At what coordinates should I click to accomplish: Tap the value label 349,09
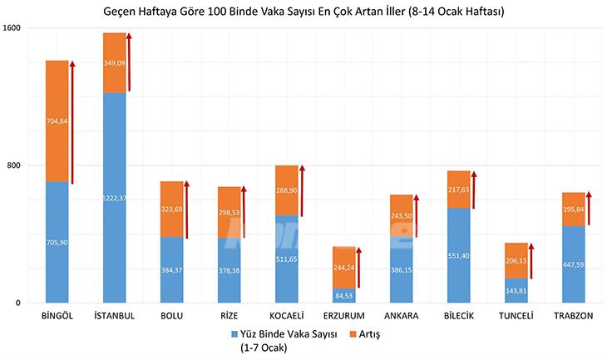(x=114, y=63)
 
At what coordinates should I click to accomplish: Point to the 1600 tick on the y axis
(x=12, y=28)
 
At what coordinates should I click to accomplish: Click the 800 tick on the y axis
(x=14, y=165)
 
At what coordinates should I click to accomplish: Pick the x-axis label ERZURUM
(x=343, y=317)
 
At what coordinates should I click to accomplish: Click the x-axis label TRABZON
(x=574, y=317)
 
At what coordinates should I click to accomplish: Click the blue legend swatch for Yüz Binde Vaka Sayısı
(x=234, y=334)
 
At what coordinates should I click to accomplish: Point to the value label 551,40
(x=458, y=255)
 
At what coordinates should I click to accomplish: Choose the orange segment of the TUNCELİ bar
(x=516, y=260)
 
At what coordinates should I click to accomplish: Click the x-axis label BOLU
(x=171, y=317)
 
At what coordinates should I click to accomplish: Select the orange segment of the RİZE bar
(x=229, y=212)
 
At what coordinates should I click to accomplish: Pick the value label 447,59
(x=574, y=264)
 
